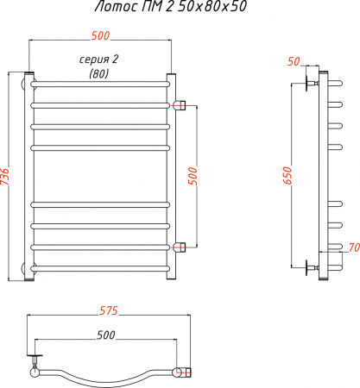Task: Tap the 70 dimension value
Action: coord(351,248)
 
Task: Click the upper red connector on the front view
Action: coord(179,105)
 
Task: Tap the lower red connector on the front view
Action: coord(179,248)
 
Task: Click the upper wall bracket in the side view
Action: coord(311,84)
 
